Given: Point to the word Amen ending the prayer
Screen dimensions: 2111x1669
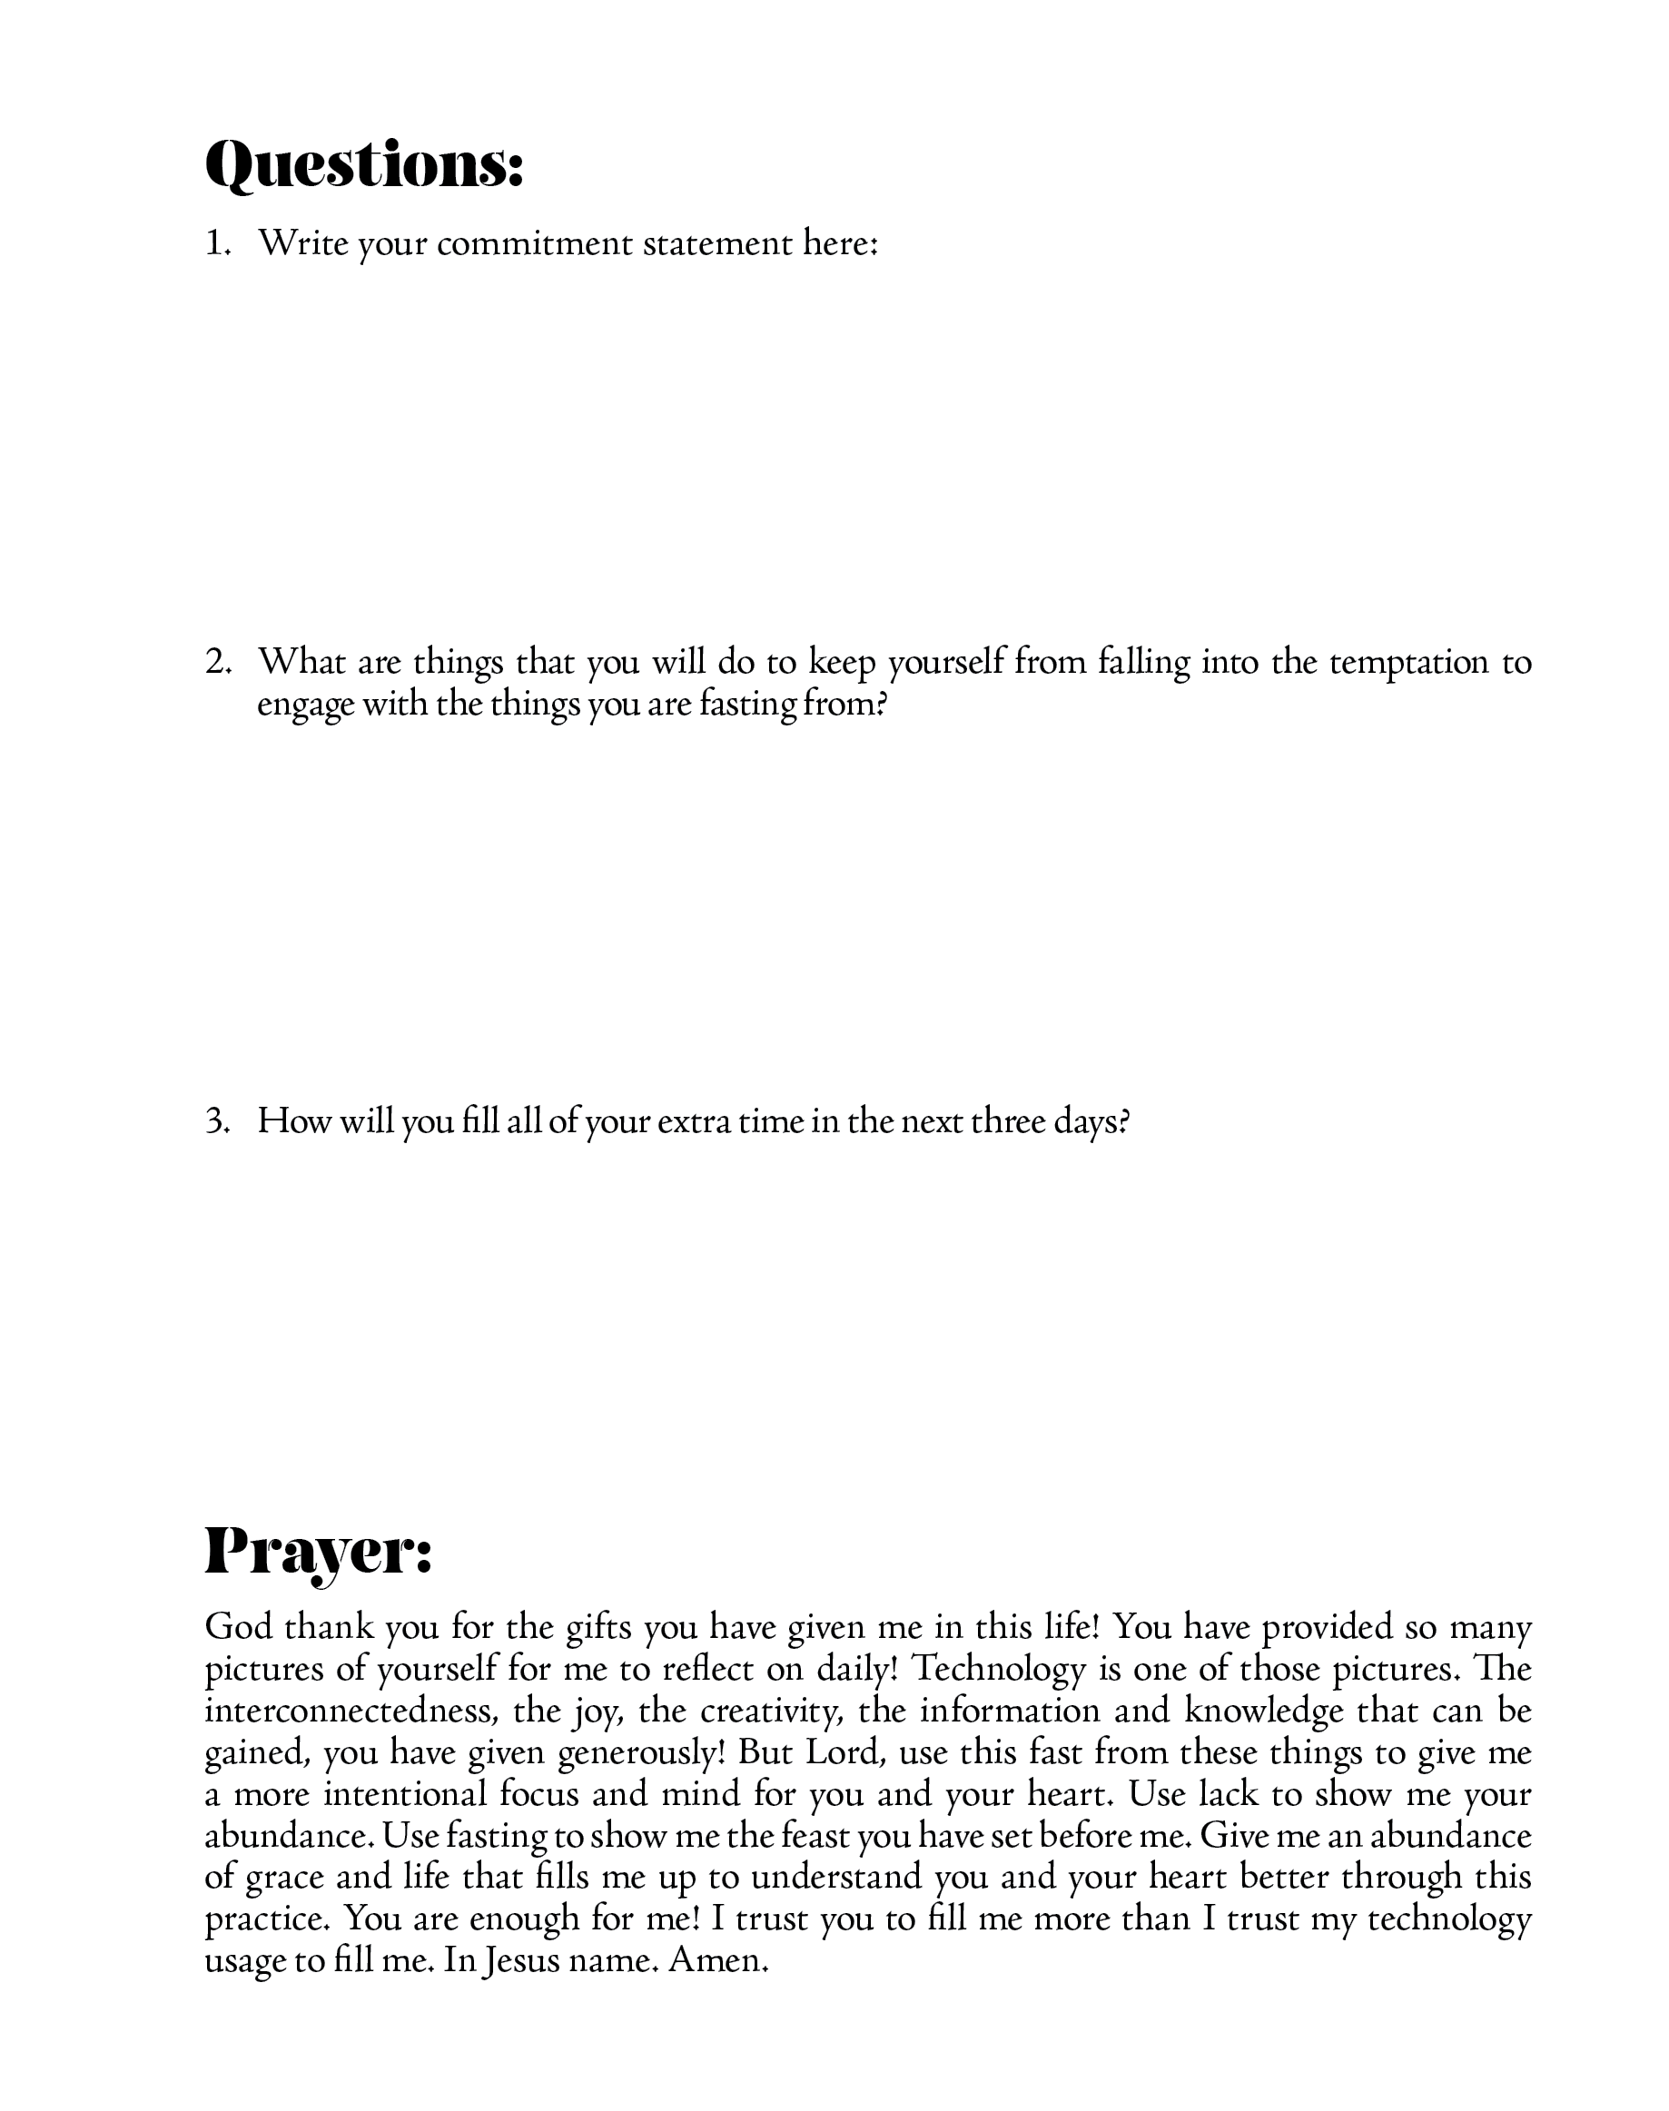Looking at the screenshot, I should click(x=717, y=1960).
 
